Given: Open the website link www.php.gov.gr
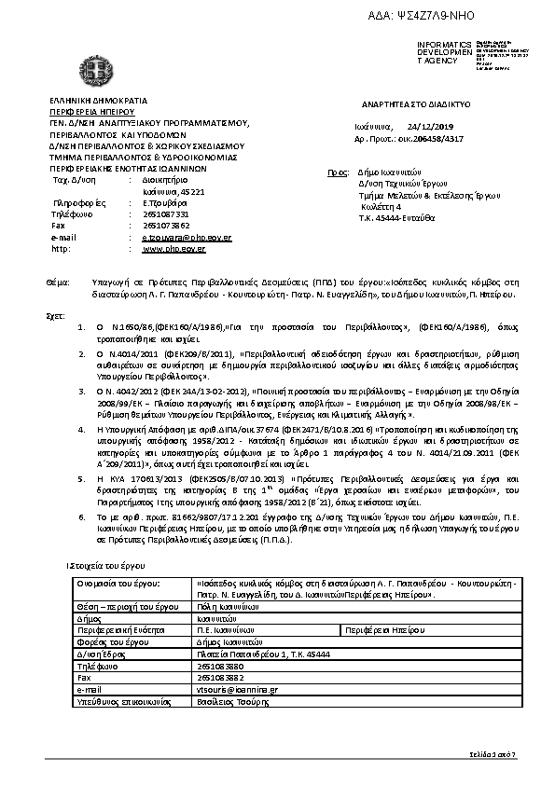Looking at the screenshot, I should tap(166, 249).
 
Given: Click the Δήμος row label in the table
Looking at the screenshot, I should tap(90, 617).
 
